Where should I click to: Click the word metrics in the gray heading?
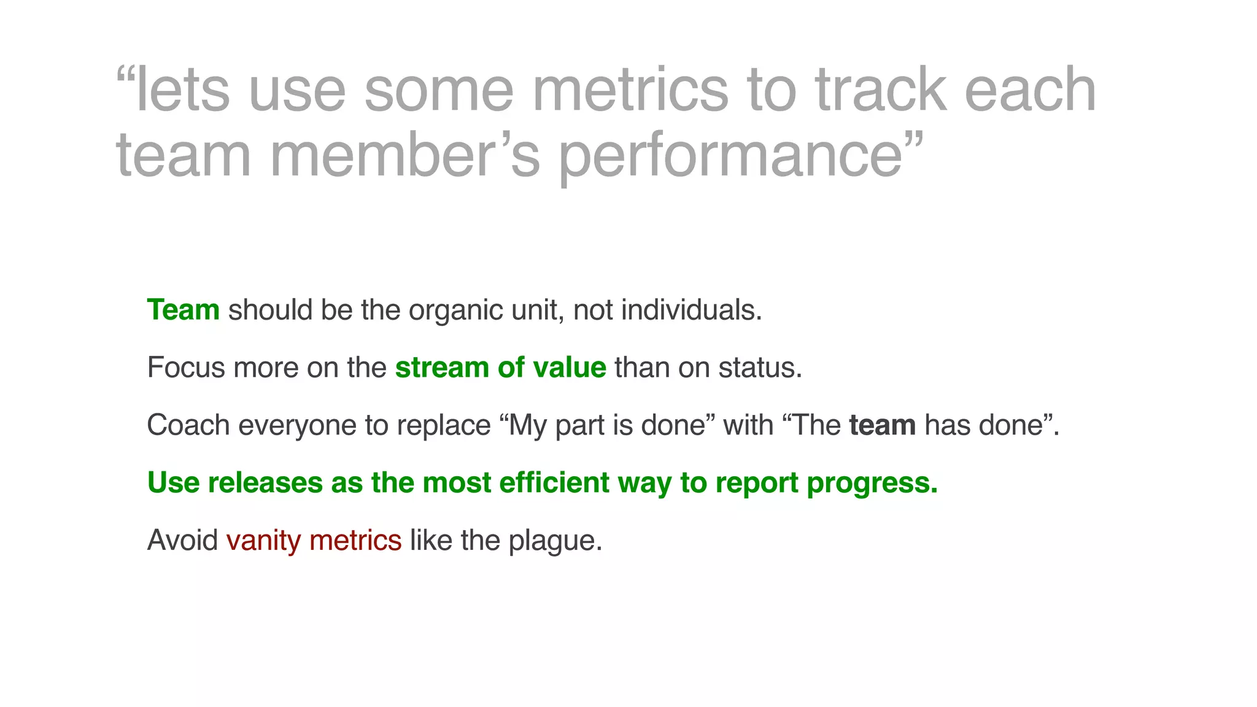tap(630, 91)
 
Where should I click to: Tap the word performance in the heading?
tap(730, 156)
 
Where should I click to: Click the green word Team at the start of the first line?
tap(183, 310)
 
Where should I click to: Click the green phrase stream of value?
tap(500, 368)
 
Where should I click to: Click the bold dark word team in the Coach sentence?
tap(882, 425)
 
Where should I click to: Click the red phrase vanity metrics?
tap(314, 541)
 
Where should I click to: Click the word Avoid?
tap(182, 541)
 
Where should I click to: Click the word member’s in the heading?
tap(405, 156)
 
